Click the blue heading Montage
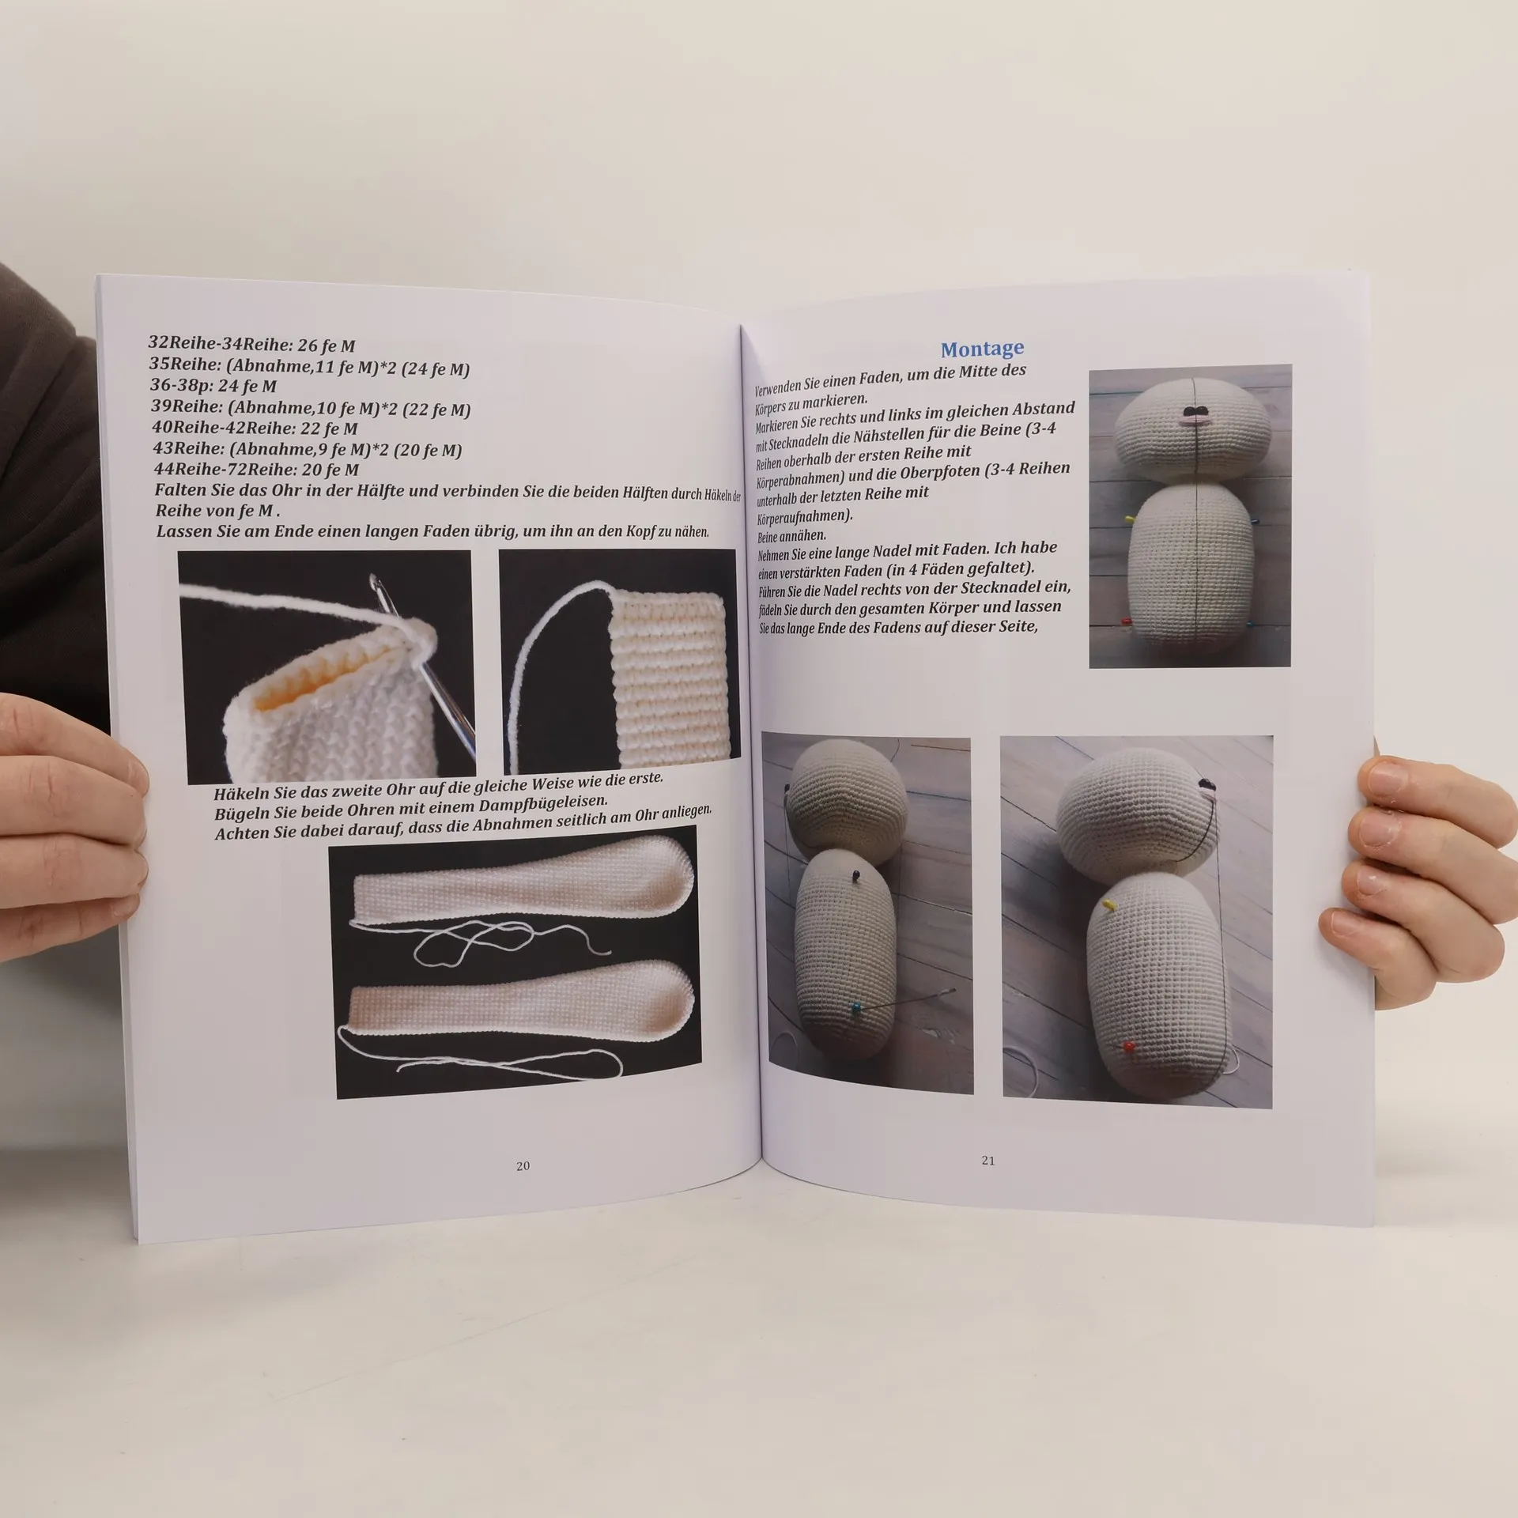(982, 349)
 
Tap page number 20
(523, 1166)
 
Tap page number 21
(987, 1161)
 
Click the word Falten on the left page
(180, 489)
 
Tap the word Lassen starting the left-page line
(183, 531)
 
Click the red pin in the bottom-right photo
(1129, 1047)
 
